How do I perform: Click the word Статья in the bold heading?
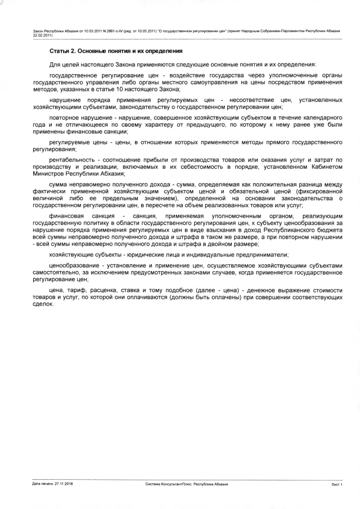click(x=58, y=51)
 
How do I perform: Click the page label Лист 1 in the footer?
click(x=337, y=483)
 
